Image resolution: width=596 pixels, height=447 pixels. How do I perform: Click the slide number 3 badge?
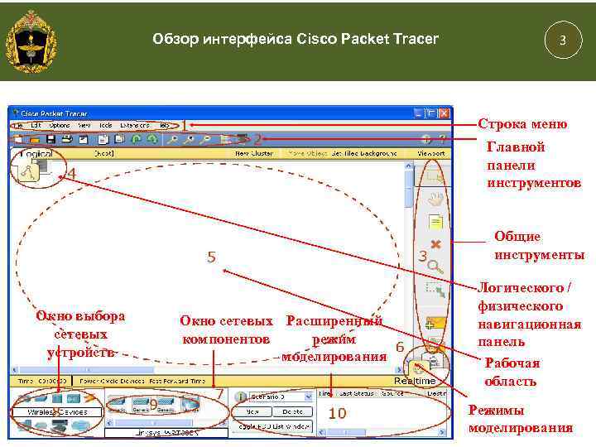563,40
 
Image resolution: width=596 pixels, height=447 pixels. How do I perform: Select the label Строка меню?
522,124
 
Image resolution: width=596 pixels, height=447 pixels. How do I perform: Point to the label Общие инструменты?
538,245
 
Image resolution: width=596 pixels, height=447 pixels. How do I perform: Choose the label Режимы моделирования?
520,419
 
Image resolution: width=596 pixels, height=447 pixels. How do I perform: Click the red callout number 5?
211,257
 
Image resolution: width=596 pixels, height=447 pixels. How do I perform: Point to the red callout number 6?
399,348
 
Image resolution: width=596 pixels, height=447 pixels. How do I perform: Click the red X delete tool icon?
435,244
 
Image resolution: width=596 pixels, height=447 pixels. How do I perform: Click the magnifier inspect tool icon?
435,267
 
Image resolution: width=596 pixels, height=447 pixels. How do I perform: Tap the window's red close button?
445,113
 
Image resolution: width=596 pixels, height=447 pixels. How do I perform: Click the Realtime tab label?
414,381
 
